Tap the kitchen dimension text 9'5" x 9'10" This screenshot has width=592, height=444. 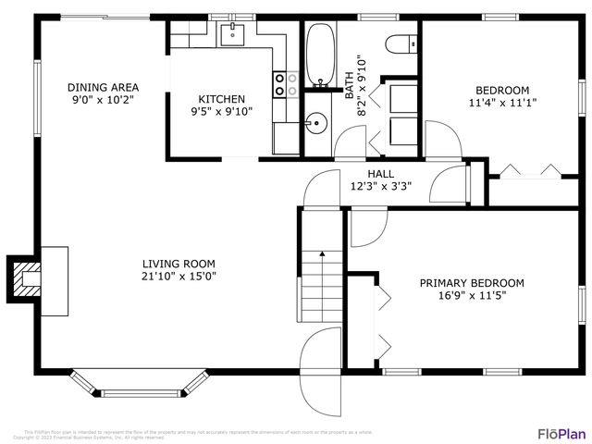coord(222,111)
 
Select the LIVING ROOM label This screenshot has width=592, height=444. coord(179,263)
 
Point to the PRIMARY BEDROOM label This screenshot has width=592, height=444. coord(472,283)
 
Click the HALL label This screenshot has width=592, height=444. coord(380,173)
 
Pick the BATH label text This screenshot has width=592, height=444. coord(350,86)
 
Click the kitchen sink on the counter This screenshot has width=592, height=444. coord(229,35)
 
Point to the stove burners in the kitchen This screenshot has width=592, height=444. coord(285,85)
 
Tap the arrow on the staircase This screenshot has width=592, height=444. coord(322,254)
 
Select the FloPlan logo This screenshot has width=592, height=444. coord(561,433)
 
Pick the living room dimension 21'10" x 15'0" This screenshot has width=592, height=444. coord(179,276)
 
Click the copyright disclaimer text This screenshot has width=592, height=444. coord(198,433)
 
